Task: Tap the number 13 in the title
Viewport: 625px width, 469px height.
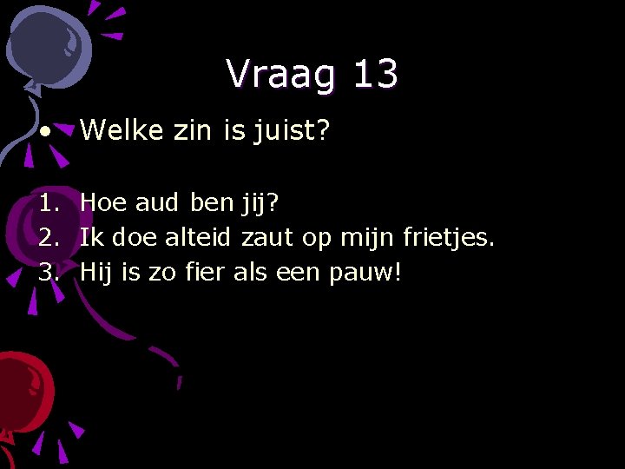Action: pyautogui.click(x=375, y=75)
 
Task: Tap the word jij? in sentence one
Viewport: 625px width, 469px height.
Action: pyautogui.click(x=260, y=204)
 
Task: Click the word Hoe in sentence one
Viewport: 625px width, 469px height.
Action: pyautogui.click(x=102, y=203)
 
